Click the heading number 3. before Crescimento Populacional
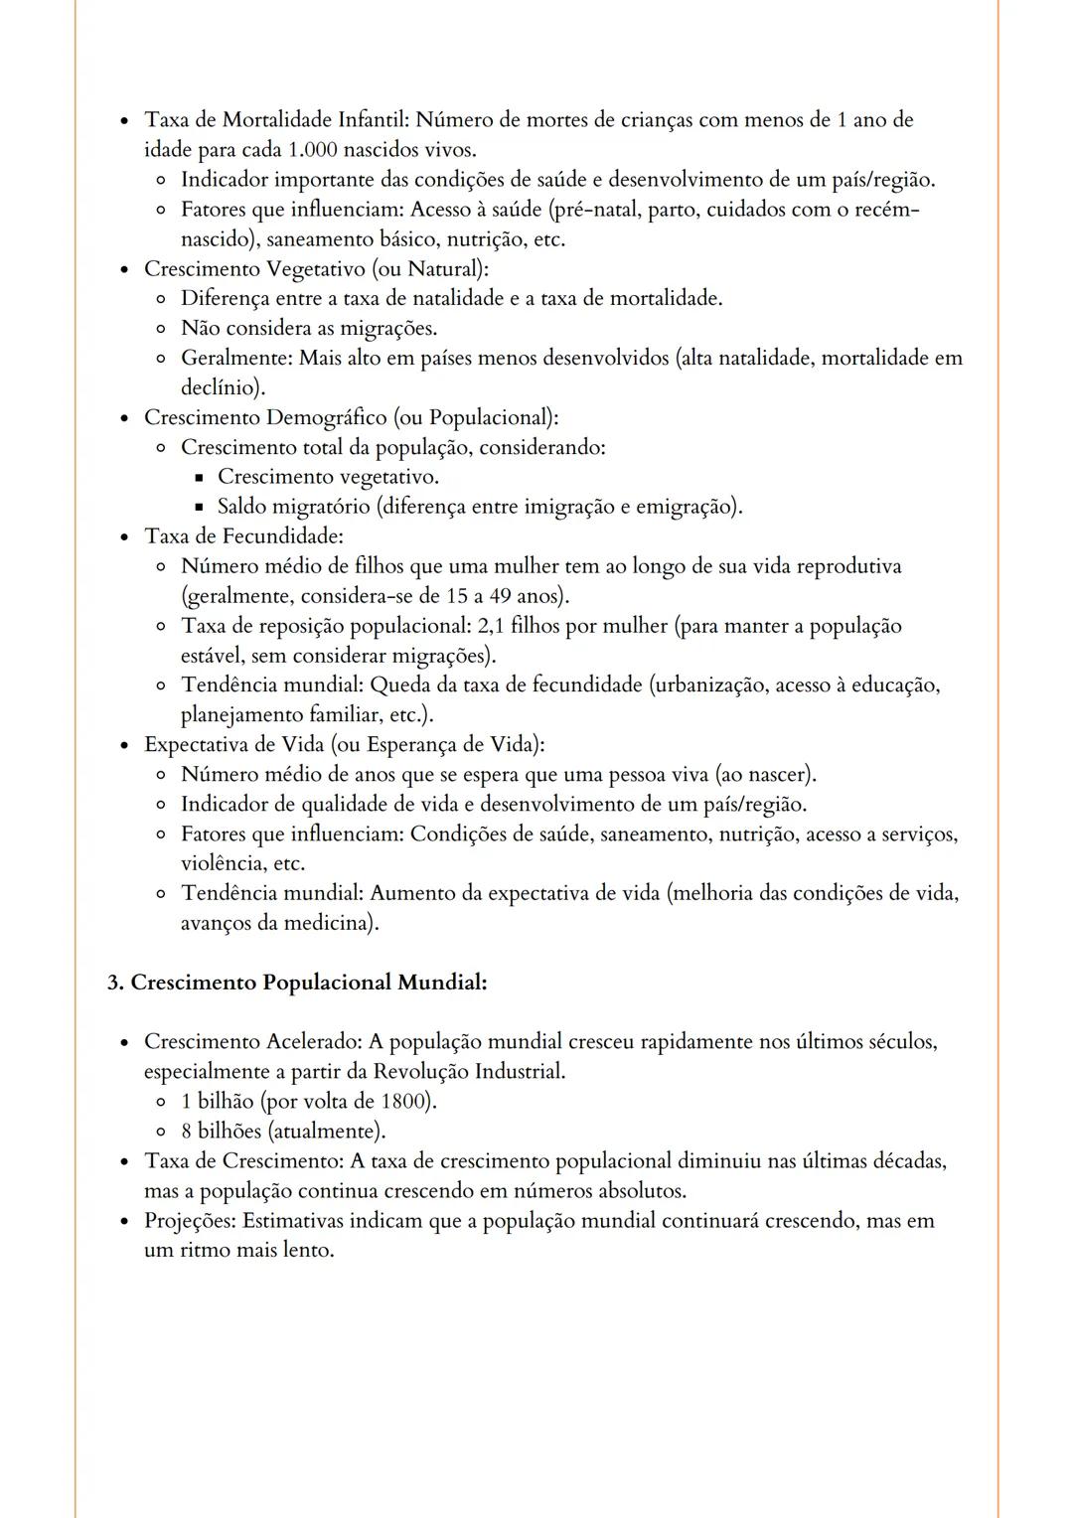tap(115, 983)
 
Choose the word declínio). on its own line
tap(223, 387)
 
